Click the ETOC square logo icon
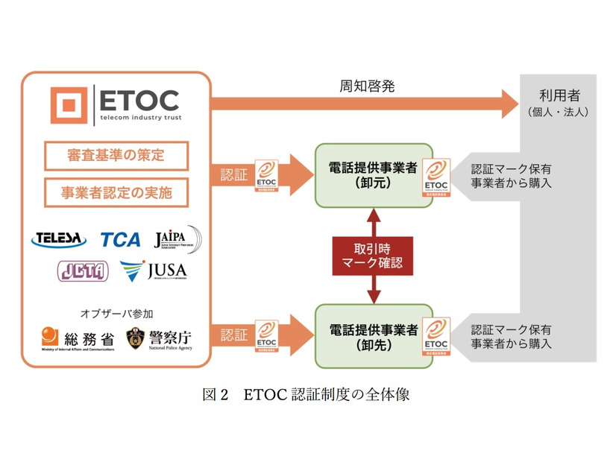click(69, 105)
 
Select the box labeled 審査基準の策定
click(116, 156)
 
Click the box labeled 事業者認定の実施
click(116, 192)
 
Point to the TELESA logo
click(59, 239)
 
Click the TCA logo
click(120, 239)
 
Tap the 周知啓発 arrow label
click(362, 86)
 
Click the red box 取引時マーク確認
click(372, 255)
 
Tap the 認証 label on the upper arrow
click(232, 174)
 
